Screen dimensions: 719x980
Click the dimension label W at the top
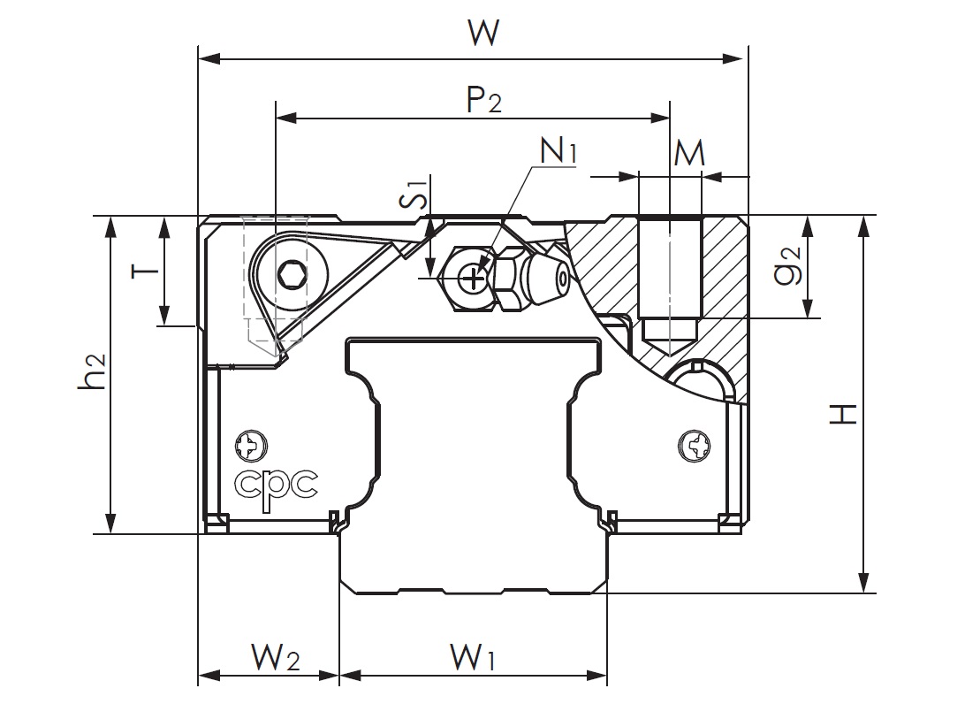(484, 34)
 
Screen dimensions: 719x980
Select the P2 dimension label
(482, 100)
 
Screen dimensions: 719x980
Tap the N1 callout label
(558, 151)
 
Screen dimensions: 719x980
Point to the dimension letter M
(688, 154)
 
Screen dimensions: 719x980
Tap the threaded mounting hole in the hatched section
(669, 274)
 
